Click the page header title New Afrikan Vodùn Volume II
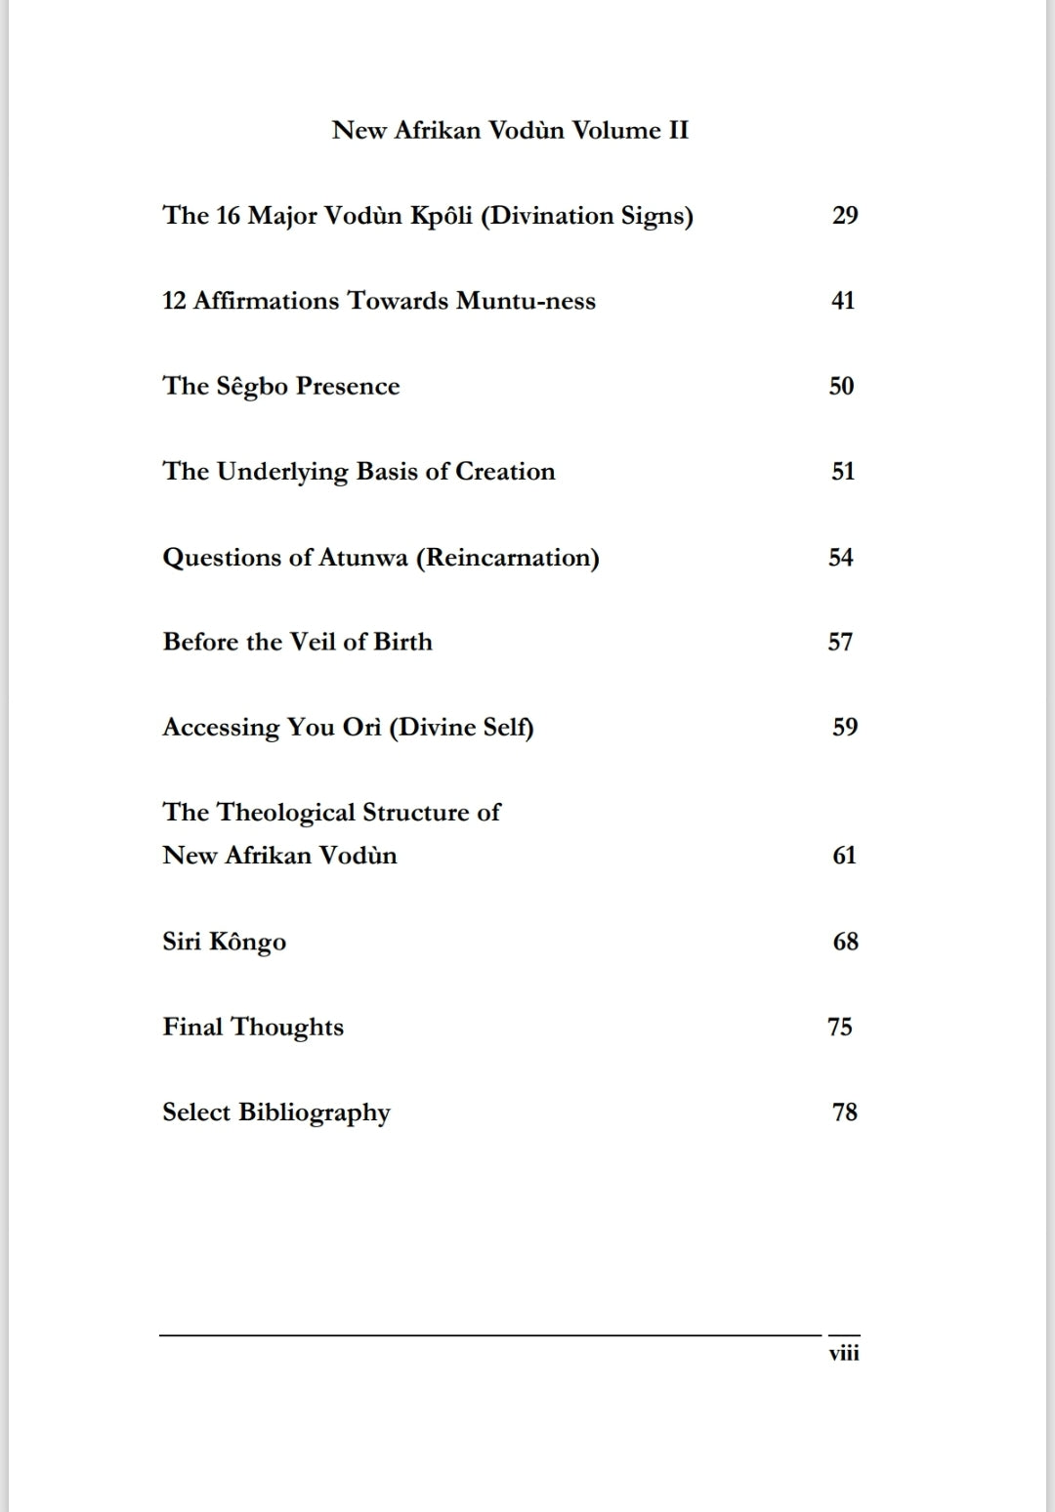(x=510, y=130)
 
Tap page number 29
(x=845, y=215)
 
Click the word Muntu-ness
(x=526, y=301)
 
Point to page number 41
(x=843, y=301)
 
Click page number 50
(x=841, y=386)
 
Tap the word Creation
(x=505, y=471)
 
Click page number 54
(x=841, y=557)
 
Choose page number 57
(x=840, y=642)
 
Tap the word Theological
(x=285, y=813)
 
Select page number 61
(x=844, y=856)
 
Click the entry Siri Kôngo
(x=224, y=942)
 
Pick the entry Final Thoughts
(x=253, y=1027)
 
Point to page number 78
(x=845, y=1112)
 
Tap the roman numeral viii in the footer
(x=844, y=1354)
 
